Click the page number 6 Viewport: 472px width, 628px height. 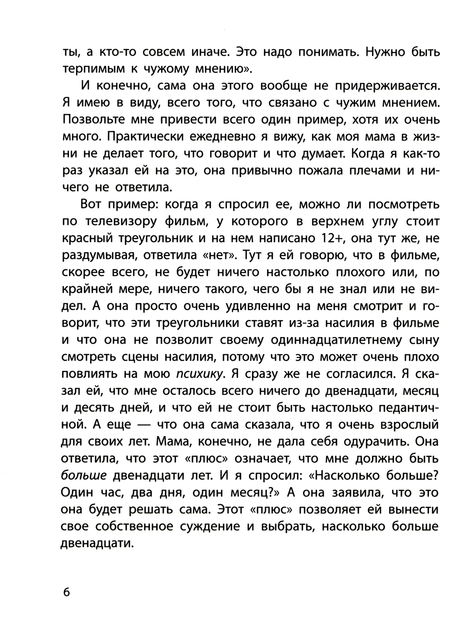66,592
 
